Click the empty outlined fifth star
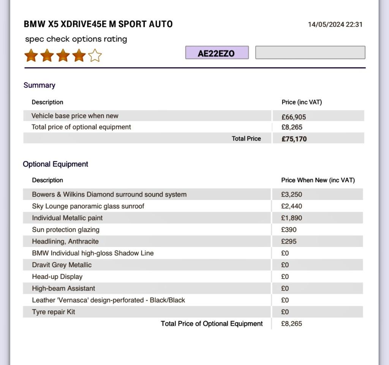click(x=95, y=56)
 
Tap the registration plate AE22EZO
click(x=217, y=53)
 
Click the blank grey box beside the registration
click(x=310, y=53)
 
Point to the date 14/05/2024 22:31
click(x=335, y=25)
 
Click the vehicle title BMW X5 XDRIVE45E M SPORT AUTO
click(x=98, y=24)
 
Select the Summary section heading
click(x=39, y=85)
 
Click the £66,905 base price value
click(x=294, y=117)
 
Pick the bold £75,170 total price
click(x=294, y=139)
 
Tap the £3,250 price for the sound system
click(x=291, y=195)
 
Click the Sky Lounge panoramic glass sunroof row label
click(x=88, y=206)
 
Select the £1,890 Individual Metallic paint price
click(x=291, y=218)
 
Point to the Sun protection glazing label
click(x=66, y=230)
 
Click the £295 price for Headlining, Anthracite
click(x=289, y=242)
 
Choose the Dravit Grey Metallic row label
click(x=62, y=265)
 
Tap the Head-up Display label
click(x=57, y=277)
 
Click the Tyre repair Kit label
click(x=54, y=312)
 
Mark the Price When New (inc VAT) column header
click(x=318, y=180)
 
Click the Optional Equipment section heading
click(x=55, y=164)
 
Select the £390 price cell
click(x=289, y=230)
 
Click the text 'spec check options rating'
click(x=76, y=39)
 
